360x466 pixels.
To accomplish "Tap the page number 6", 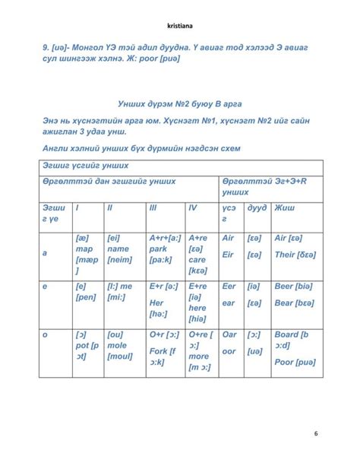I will click(x=316, y=433).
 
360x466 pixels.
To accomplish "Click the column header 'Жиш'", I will click(x=286, y=207).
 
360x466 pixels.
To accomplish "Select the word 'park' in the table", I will click(x=159, y=248).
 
